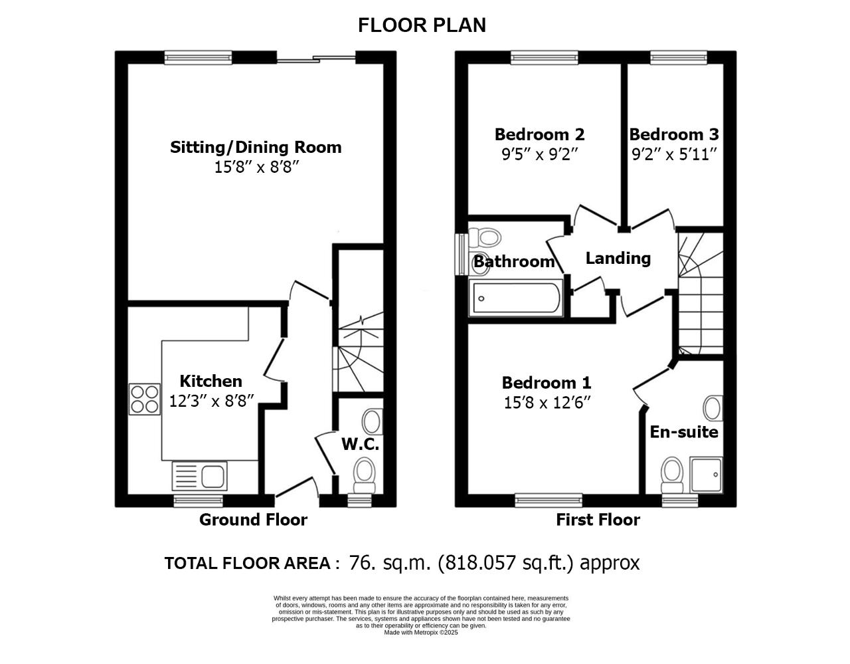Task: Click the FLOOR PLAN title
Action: coord(422,25)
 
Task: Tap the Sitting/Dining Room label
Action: coord(256,147)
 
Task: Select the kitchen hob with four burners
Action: coord(144,399)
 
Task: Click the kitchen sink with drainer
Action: coord(199,476)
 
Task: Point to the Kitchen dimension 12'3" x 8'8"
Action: coord(212,401)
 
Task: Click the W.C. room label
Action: coord(361,445)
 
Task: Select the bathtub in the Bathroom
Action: coord(516,298)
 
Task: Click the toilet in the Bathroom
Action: coord(485,237)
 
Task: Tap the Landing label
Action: coord(618,259)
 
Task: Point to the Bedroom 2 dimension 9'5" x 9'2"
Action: coord(539,155)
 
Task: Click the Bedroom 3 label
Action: coord(674,135)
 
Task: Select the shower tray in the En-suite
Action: coord(706,475)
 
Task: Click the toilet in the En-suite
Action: coord(671,476)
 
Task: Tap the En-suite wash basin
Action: coord(713,408)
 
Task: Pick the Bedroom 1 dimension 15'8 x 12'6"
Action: coord(547,403)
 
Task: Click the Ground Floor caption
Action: coord(253,520)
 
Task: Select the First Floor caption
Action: coord(598,520)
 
